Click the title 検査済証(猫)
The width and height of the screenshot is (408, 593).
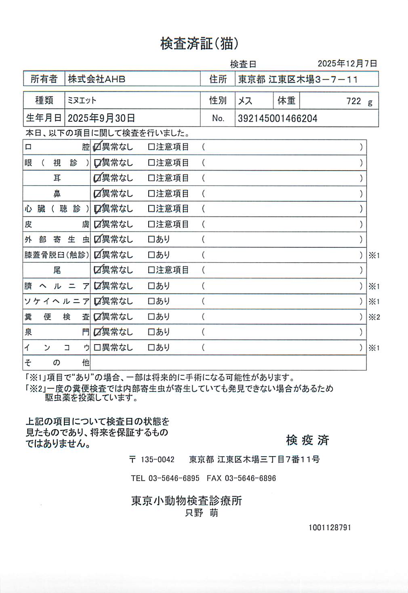(x=199, y=44)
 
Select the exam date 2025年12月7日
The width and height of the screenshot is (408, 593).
(x=347, y=64)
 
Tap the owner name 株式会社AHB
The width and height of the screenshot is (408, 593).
(x=97, y=79)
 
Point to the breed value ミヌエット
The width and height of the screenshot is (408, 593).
(x=82, y=100)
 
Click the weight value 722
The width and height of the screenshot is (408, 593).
(x=353, y=101)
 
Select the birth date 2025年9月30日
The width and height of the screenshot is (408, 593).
(x=101, y=118)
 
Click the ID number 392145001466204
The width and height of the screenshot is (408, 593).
(x=278, y=119)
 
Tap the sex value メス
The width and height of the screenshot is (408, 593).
(x=245, y=101)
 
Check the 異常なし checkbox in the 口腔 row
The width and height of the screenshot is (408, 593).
(x=97, y=147)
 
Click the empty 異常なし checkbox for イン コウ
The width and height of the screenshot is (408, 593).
(x=97, y=347)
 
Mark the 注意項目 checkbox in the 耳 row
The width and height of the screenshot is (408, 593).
(x=151, y=178)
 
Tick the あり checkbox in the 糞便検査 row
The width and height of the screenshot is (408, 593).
(x=151, y=317)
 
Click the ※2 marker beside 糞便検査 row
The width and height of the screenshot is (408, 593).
(x=374, y=317)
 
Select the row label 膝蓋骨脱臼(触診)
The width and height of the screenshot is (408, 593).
(x=57, y=255)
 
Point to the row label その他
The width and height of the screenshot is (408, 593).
(x=57, y=362)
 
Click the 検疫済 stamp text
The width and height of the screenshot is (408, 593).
(x=307, y=440)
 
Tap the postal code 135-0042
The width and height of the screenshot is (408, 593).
(x=158, y=460)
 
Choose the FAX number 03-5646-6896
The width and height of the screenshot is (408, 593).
(x=250, y=478)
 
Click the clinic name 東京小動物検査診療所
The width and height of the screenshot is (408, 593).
(x=187, y=501)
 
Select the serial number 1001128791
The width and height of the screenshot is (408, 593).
(x=330, y=527)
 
